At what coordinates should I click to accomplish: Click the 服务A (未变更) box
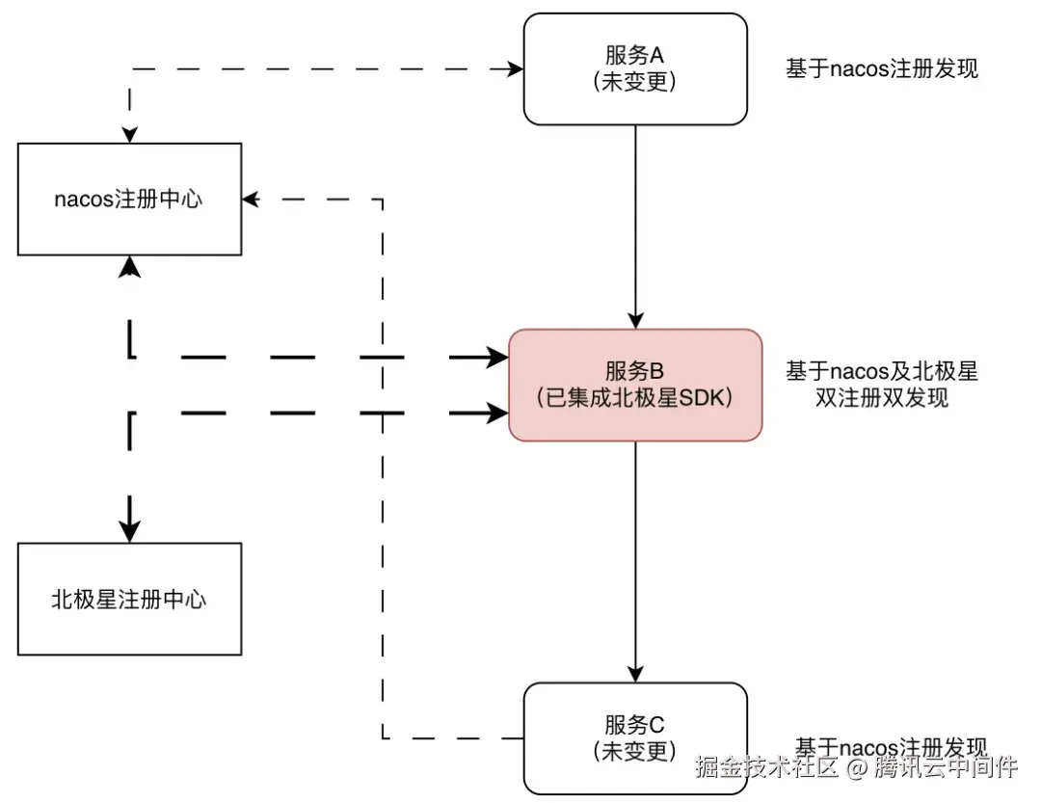(634, 68)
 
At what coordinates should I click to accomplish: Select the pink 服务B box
(634, 385)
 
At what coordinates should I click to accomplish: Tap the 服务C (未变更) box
(634, 737)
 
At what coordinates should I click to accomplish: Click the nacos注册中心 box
(129, 200)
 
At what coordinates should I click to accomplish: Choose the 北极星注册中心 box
(129, 599)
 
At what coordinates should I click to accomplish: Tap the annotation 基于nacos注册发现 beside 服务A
(882, 68)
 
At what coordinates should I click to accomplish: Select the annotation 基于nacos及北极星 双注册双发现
(882, 384)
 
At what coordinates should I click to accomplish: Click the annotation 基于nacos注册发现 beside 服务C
(891, 748)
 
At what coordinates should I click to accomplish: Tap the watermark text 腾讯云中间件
(946, 768)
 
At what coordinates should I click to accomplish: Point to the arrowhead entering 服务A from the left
(515, 68)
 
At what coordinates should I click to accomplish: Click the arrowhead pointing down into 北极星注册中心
(129, 530)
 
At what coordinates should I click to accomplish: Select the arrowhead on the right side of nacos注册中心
(251, 200)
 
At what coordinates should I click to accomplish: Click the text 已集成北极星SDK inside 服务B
(634, 397)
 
